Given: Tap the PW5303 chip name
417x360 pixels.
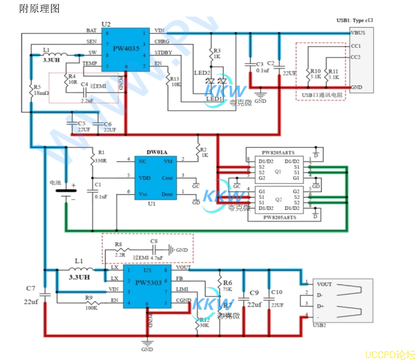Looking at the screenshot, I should click(x=148, y=283).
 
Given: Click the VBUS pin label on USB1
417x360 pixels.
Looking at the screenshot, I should click(x=358, y=33).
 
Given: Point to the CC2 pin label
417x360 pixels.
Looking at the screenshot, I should click(x=355, y=57).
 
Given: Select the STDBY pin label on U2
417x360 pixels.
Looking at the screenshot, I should click(x=163, y=53).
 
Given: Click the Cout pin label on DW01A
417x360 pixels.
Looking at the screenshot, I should click(x=167, y=178).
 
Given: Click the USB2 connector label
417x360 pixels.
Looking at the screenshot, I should click(x=319, y=325).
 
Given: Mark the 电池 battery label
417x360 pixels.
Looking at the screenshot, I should click(x=55, y=183).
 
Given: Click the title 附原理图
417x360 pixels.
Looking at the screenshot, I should click(x=39, y=8).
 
